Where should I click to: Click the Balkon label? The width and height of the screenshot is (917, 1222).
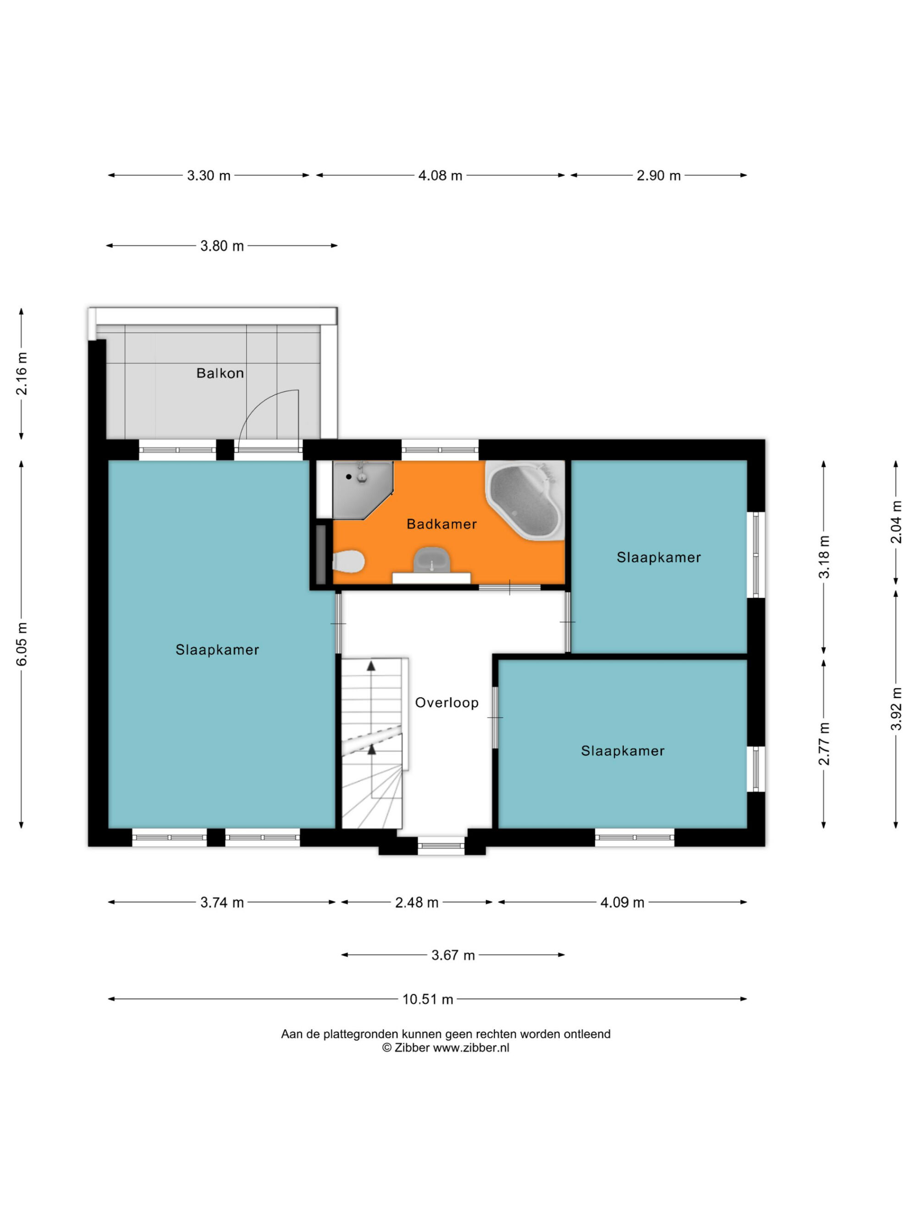coord(220,373)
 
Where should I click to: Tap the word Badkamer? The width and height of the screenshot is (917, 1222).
coord(441,524)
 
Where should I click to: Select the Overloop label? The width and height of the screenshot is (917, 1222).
coord(447,703)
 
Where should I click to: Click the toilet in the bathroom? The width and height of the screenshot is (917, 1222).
coord(348,562)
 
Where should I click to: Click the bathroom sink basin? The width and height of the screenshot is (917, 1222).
coord(432,559)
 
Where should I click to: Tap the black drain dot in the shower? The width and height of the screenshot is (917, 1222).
coord(349,476)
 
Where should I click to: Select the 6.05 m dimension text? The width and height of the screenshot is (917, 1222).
coord(22,644)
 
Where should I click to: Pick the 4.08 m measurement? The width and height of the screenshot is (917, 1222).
coord(440,175)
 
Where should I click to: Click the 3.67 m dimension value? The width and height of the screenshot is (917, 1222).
coord(453,955)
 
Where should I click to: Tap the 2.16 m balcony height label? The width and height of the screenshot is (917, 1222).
coord(22,373)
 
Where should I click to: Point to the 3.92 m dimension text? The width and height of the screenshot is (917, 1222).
coord(895,709)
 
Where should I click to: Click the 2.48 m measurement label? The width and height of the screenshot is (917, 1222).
coord(416,902)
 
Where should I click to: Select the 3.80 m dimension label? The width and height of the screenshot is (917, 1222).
coord(221,246)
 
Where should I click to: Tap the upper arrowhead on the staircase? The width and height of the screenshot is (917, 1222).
coord(371,666)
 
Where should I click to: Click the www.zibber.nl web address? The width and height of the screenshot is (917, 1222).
coord(470,1047)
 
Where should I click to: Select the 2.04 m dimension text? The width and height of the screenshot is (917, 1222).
coord(895,522)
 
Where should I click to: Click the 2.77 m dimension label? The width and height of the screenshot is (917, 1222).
coord(823,744)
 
